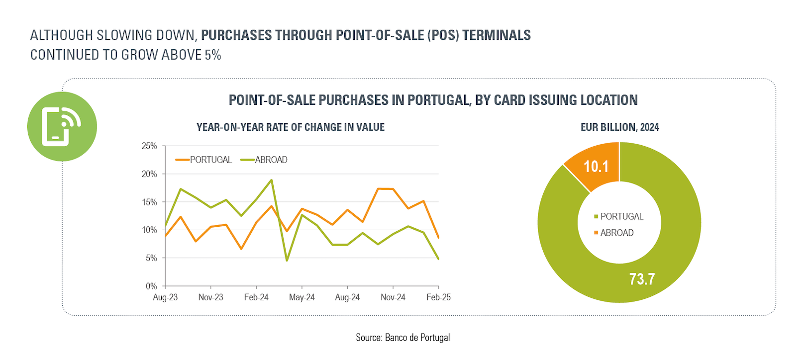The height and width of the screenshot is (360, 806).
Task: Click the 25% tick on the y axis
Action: click(149, 146)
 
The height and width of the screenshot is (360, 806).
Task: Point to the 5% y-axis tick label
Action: click(151, 258)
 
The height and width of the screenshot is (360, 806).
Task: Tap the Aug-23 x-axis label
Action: click(165, 297)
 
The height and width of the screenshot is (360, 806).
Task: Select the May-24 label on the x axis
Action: click(302, 297)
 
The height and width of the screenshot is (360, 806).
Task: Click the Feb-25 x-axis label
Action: click(439, 297)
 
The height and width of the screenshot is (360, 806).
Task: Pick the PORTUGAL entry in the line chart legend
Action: click(203, 160)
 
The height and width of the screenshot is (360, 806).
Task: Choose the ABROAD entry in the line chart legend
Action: click(264, 160)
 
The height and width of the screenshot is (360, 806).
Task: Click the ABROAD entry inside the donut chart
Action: click(614, 233)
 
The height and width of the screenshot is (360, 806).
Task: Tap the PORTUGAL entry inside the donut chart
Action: click(618, 216)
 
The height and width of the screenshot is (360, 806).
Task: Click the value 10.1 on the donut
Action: click(596, 167)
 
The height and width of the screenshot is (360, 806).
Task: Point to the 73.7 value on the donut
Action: click(642, 279)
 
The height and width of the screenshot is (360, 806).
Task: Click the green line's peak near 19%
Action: click(271, 180)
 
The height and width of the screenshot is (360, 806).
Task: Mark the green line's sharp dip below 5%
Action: click(287, 261)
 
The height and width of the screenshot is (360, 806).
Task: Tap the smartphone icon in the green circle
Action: click(61, 127)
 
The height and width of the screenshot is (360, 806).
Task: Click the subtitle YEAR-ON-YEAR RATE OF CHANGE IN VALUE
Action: click(291, 127)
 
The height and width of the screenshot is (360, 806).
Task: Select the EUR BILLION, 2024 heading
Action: click(619, 127)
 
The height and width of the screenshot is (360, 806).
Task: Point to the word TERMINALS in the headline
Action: click(497, 35)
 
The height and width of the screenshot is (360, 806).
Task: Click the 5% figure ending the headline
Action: click(212, 55)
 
